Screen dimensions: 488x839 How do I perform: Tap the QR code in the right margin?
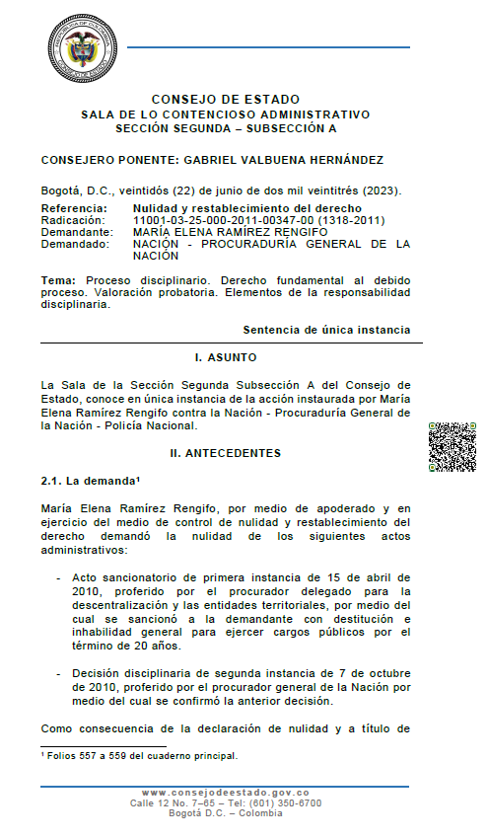(x=453, y=447)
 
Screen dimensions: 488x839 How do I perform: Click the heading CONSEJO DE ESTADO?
(x=226, y=100)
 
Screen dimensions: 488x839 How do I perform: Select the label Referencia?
(x=74, y=209)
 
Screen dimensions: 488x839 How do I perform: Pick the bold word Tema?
(x=58, y=281)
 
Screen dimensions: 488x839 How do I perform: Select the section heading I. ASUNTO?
(x=226, y=356)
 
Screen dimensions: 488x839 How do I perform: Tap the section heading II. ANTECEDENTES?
(x=226, y=453)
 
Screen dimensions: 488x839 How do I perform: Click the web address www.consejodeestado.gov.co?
(x=226, y=794)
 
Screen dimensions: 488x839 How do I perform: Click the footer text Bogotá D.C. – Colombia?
(x=226, y=813)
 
